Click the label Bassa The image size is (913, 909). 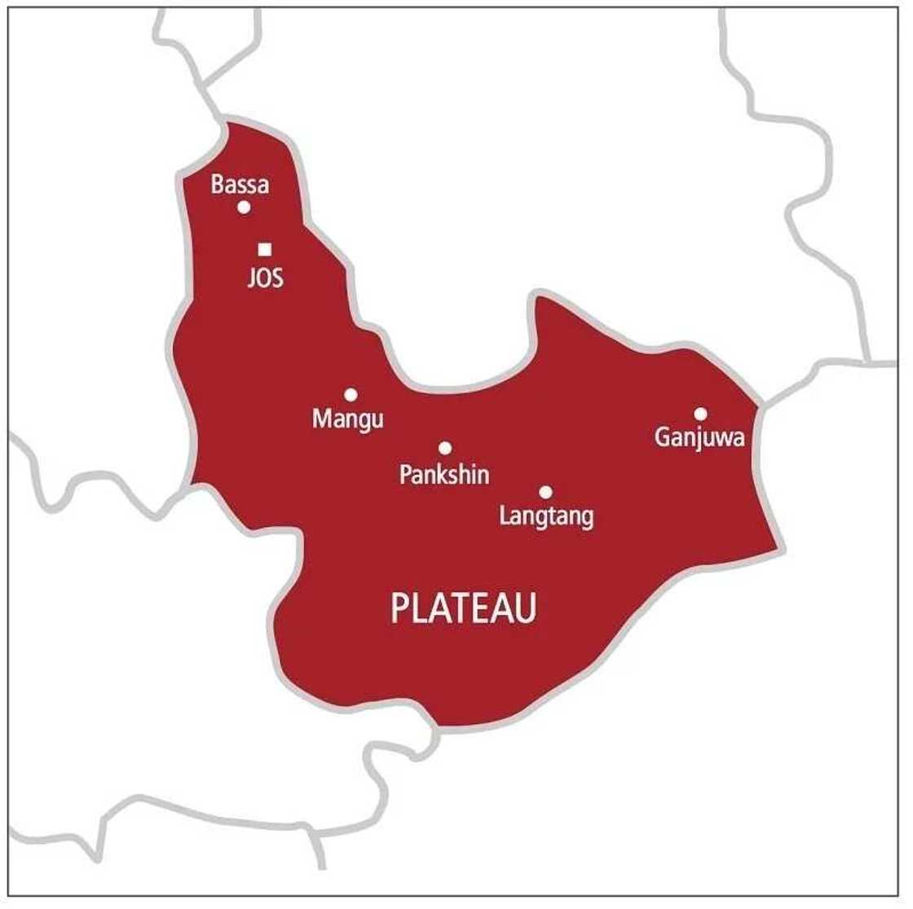tap(240, 185)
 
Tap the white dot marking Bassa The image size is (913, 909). tap(243, 207)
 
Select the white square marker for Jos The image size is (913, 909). tap(264, 249)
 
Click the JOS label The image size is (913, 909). tap(266, 279)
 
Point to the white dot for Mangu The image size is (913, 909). tap(351, 395)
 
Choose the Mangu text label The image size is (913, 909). tap(348, 420)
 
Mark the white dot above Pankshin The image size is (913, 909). tap(445, 448)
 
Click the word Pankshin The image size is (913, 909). tap(444, 474)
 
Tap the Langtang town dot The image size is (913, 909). tap(545, 492)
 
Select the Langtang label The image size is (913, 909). tap(546, 516)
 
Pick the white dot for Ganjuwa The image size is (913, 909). tap(700, 413)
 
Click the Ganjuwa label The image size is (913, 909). tap(700, 438)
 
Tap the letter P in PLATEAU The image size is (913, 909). tap(399, 608)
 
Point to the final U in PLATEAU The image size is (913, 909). tap(526, 608)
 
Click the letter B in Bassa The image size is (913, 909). tap(218, 185)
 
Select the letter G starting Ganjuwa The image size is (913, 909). tap(663, 438)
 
